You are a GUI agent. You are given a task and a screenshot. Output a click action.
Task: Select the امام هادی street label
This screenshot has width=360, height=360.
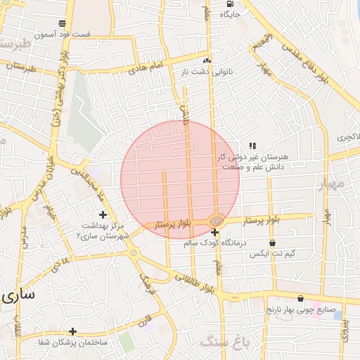[x=146, y=67]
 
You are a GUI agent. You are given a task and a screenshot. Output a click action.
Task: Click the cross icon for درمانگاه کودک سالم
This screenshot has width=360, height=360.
[x=214, y=233]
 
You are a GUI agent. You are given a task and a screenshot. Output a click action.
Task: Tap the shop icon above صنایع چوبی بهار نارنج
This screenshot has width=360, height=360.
[x=301, y=298]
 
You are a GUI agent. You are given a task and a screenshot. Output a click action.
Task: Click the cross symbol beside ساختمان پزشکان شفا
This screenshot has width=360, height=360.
[x=72, y=330]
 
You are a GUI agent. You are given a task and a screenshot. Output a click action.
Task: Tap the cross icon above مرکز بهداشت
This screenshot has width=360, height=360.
[x=103, y=214]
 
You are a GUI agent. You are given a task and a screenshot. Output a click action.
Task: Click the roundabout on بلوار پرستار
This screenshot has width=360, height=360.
[x=216, y=221]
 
